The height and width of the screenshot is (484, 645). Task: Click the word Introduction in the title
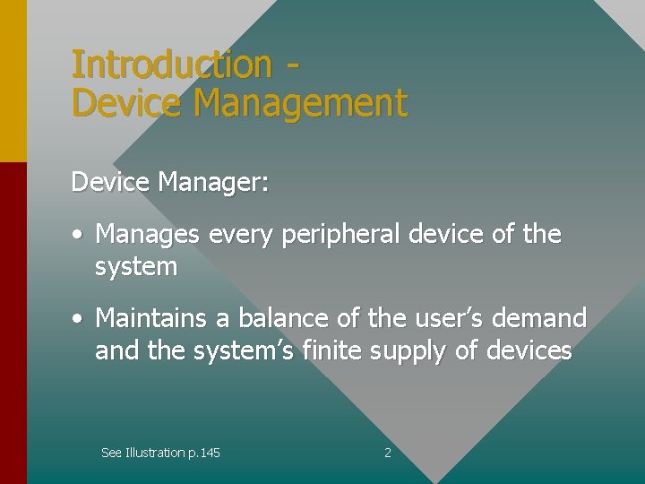[x=170, y=65]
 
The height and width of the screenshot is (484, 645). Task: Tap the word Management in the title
[x=300, y=104]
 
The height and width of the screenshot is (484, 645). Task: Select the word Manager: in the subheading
[x=212, y=183]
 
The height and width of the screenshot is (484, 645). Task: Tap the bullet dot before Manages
[x=79, y=236]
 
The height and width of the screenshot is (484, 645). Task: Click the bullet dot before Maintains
[x=79, y=319]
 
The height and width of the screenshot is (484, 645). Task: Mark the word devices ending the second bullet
[x=529, y=350]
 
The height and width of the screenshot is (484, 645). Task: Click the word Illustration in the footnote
[x=157, y=453]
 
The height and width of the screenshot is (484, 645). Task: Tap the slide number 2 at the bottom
[x=388, y=453]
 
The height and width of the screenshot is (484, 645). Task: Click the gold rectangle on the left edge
[x=13, y=81]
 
